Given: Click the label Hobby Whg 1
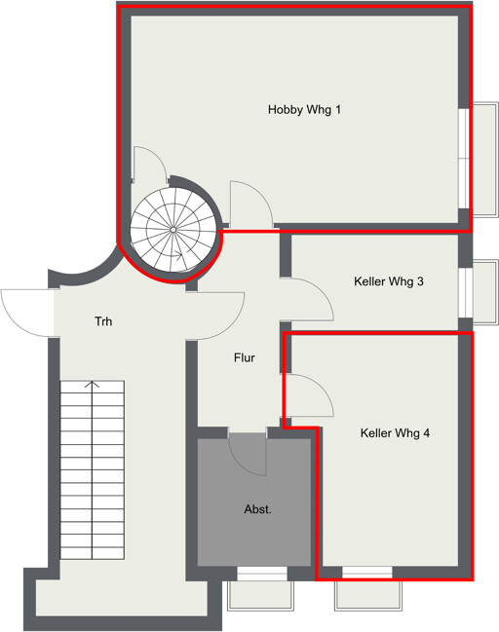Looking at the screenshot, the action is pos(304,110).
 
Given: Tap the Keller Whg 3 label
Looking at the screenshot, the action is pos(389,281).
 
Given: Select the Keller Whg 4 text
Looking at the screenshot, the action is pos(395,433).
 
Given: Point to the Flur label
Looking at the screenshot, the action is pos(244,357).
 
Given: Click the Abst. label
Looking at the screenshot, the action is pos(257,509).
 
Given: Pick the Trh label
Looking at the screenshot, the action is pos(103,321).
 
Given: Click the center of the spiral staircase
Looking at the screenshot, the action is pos(173,230).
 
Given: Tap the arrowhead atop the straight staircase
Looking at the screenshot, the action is pos(93,384).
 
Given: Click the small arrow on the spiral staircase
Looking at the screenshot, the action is pos(178,254).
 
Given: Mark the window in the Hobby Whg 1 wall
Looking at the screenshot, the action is pos(464,159).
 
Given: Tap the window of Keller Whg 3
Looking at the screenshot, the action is pos(465,292).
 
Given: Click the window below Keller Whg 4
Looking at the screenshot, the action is pos(366,573).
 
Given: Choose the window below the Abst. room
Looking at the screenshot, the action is pos(262,574).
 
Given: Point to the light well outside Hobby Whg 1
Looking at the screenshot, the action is pos(485,160).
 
